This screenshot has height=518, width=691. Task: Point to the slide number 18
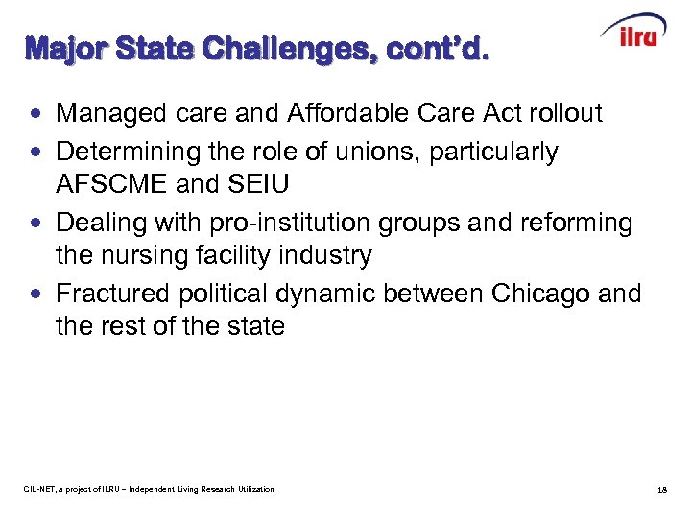[662, 490]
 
